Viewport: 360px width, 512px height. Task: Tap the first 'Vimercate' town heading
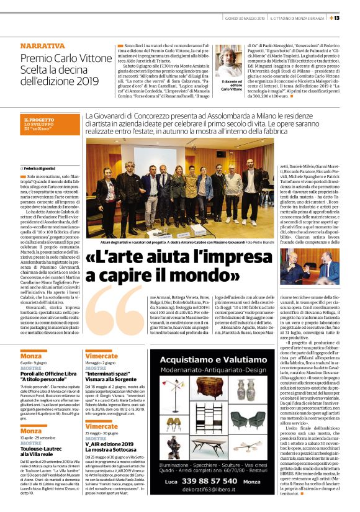(x=101, y=356)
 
